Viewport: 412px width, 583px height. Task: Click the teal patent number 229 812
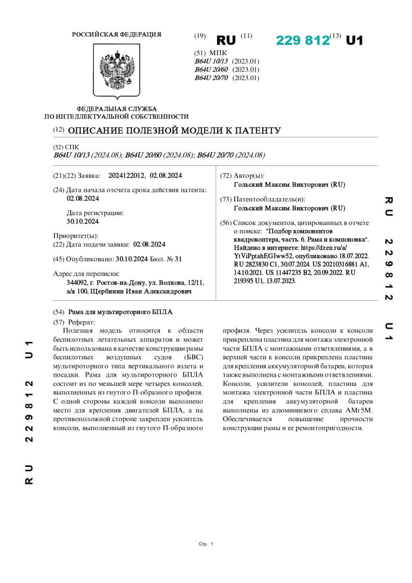point(303,41)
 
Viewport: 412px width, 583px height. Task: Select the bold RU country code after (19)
point(226,41)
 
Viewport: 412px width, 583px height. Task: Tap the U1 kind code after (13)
point(355,41)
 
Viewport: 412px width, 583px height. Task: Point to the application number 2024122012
point(127,175)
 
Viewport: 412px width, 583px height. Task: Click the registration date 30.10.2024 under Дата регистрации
point(83,221)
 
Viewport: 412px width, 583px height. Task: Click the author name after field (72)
point(289,184)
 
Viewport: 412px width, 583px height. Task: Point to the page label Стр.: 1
point(206,544)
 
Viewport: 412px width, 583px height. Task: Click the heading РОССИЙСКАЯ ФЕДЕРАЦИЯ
point(117,35)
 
